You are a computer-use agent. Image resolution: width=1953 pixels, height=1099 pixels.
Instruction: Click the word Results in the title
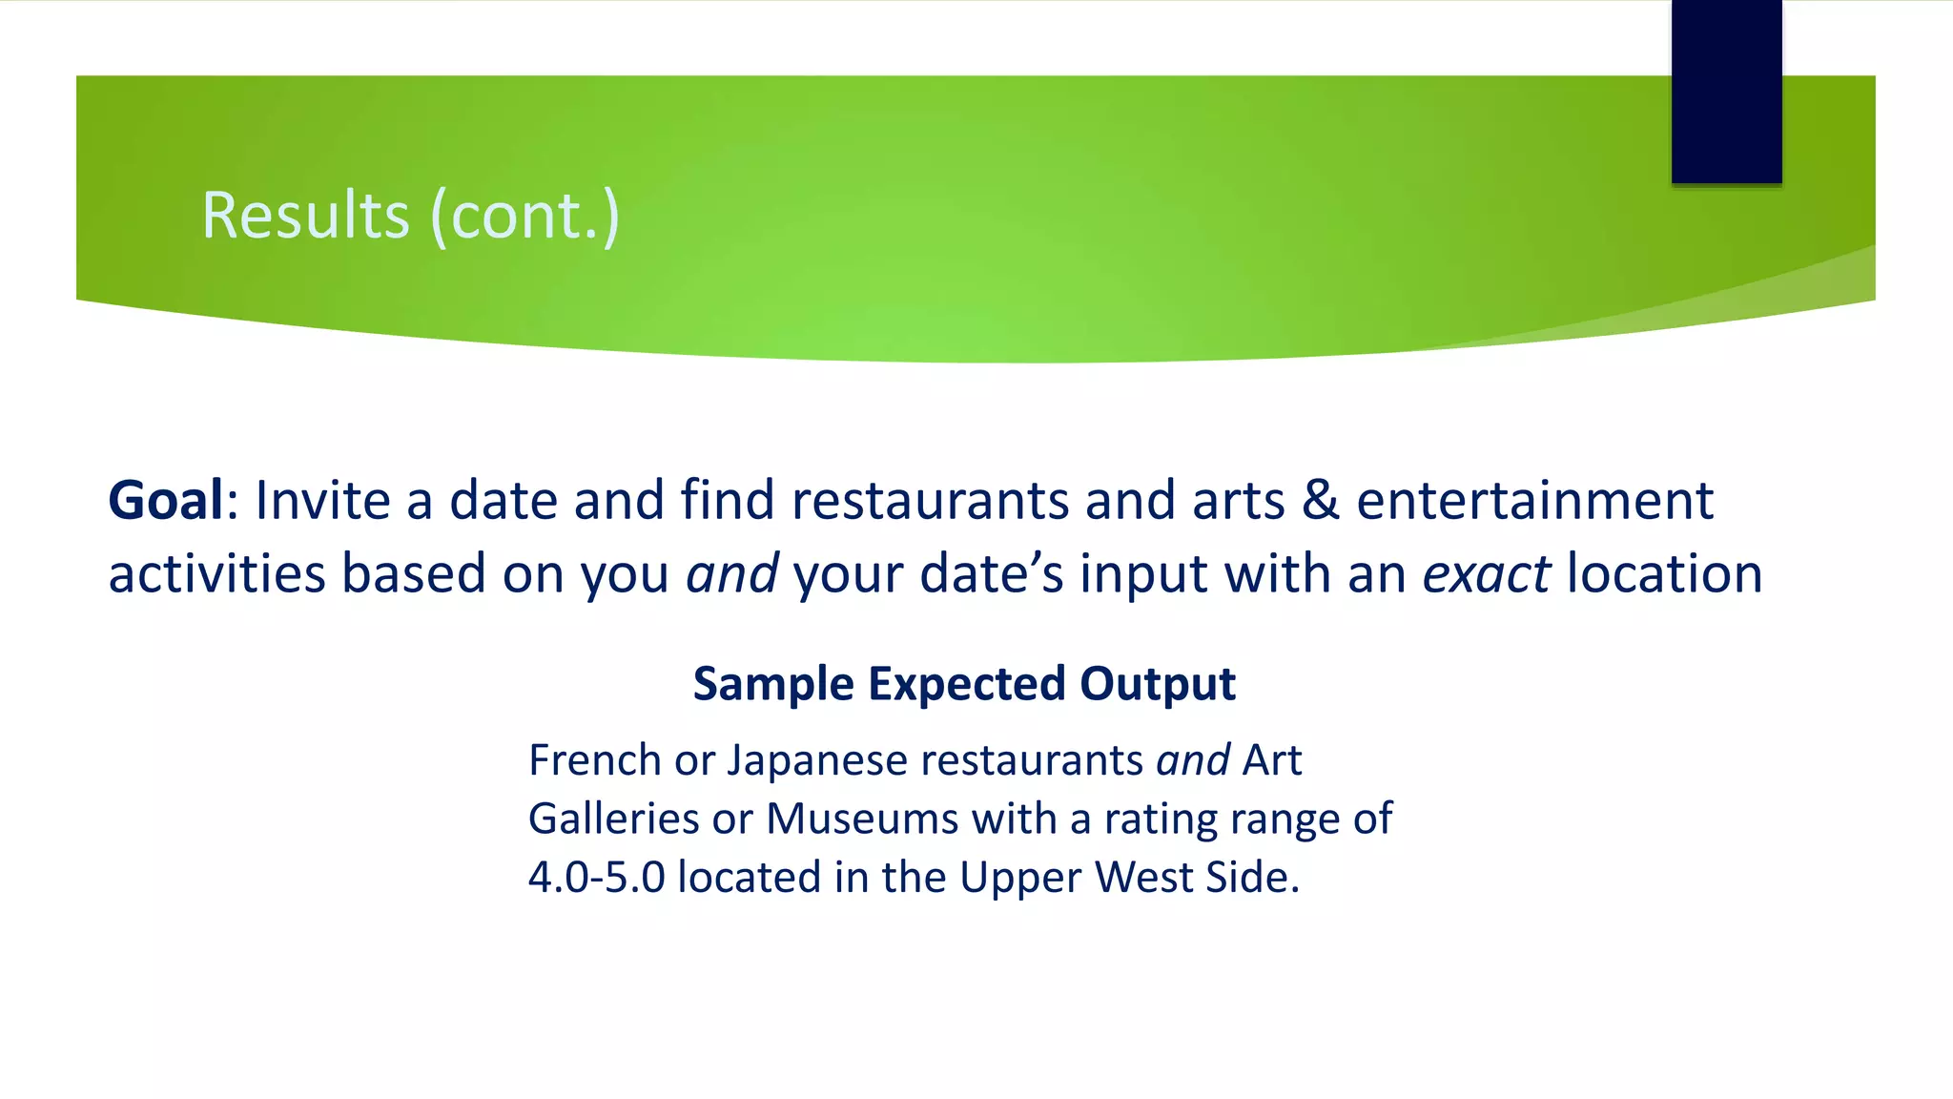[305, 216]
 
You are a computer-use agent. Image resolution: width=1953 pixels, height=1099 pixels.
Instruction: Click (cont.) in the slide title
[525, 216]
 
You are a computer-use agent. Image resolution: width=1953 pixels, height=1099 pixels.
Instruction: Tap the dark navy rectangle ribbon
[1726, 92]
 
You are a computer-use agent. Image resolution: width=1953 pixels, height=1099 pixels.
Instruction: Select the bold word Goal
[166, 500]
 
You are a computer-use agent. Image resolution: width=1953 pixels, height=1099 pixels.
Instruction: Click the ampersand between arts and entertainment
[1320, 500]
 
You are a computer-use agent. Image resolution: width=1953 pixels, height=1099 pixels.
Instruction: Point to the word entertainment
[1534, 500]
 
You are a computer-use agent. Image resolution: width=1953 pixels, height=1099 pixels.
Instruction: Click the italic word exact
[1486, 574]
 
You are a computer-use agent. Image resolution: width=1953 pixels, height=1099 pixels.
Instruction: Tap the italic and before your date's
[731, 574]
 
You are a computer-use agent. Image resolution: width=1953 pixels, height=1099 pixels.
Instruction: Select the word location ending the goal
[1664, 574]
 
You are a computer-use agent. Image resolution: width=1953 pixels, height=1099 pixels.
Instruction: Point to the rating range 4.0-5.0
[596, 878]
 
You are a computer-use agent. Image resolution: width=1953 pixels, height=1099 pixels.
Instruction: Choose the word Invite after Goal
[322, 500]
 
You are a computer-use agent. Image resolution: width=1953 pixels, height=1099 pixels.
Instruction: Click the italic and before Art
[1192, 760]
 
